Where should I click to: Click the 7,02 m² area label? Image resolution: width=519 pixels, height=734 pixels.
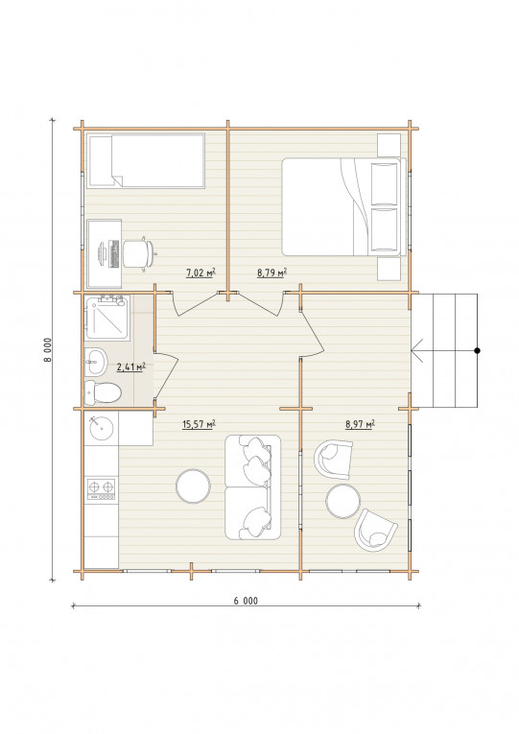click(x=201, y=272)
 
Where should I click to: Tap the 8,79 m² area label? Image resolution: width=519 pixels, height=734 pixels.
click(x=271, y=272)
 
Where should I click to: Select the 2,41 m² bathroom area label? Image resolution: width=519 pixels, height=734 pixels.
click(x=130, y=367)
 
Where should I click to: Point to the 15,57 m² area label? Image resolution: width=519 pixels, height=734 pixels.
click(x=199, y=425)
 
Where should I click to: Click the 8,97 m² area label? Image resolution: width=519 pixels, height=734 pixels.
click(x=360, y=425)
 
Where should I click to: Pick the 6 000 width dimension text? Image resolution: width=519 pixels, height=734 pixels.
click(x=246, y=601)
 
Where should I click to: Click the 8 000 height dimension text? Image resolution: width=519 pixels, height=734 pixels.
click(x=47, y=349)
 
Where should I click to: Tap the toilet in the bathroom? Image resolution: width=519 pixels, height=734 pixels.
click(x=103, y=392)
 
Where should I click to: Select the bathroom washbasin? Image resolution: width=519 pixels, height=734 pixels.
click(x=96, y=362)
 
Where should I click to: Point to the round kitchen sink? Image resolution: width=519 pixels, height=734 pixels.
click(x=100, y=428)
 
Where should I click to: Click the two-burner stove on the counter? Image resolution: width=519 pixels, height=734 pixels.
click(x=101, y=488)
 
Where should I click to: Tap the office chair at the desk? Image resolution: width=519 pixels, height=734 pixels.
click(x=138, y=253)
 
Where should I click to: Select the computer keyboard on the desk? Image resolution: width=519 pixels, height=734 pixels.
click(x=113, y=253)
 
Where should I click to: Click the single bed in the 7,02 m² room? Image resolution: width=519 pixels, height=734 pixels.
click(x=146, y=161)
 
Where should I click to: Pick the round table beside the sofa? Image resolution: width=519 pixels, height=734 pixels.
click(x=193, y=486)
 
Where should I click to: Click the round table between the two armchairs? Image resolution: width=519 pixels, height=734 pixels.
click(x=343, y=501)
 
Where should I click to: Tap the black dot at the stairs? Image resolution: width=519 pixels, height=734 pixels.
click(x=478, y=350)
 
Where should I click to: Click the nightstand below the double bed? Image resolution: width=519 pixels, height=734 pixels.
click(x=389, y=269)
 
